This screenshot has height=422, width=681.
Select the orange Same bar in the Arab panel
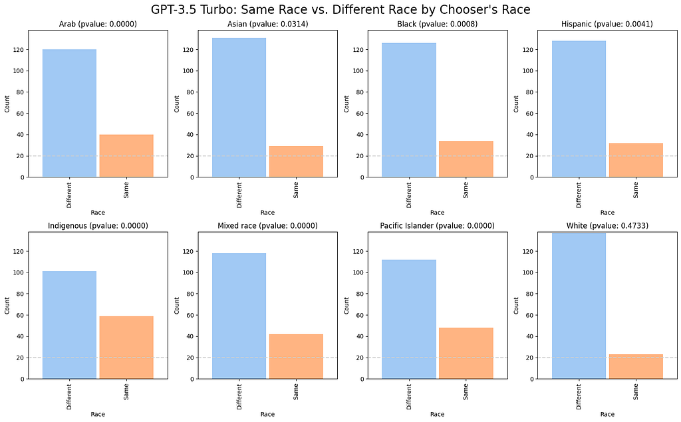tap(126, 156)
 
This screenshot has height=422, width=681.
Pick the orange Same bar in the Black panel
tap(466, 159)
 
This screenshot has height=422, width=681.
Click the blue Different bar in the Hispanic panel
tap(579, 109)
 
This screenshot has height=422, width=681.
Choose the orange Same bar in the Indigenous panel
tap(126, 347)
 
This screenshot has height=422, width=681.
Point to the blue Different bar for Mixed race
tap(239, 316)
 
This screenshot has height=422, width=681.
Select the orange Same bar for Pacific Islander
tap(466, 353)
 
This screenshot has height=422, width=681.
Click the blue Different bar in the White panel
tap(579, 306)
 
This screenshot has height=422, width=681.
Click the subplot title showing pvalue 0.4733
tap(607, 226)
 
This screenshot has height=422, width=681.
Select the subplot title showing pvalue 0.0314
tap(267, 25)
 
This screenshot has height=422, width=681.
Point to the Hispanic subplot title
tap(607, 25)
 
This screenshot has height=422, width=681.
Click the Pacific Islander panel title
tap(437, 226)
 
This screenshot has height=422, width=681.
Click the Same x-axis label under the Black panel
tap(466, 191)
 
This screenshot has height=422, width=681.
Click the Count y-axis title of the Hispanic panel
tap(517, 103)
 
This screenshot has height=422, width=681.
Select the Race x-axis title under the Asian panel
tap(267, 213)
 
